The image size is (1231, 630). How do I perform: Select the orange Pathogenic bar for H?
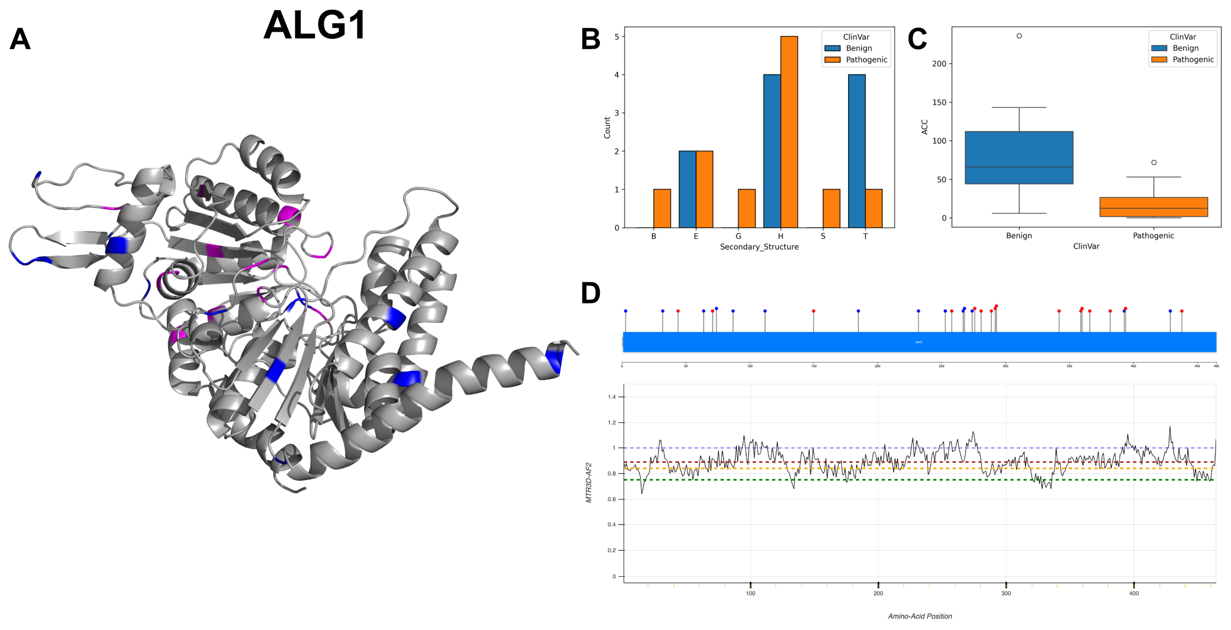pyautogui.click(x=789, y=132)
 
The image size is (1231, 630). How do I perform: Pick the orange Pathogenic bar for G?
pyautogui.click(x=746, y=209)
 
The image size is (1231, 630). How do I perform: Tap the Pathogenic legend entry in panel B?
pyautogui.click(x=866, y=60)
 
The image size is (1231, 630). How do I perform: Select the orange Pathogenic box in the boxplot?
pyautogui.click(x=1154, y=207)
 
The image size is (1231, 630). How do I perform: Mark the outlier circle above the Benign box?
pyautogui.click(x=1019, y=36)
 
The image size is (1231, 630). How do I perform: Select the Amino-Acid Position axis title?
pyautogui.click(x=920, y=616)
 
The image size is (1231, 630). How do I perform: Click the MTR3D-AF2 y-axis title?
pyautogui.click(x=589, y=482)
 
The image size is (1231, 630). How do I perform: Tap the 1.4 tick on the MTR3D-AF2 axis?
pyautogui.click(x=612, y=396)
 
